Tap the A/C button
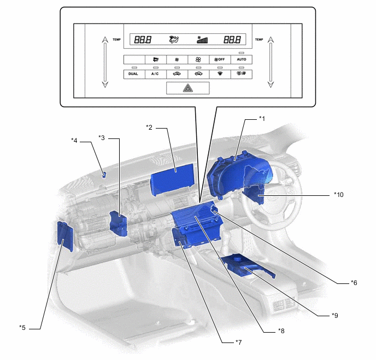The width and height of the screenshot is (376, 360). point(155,74)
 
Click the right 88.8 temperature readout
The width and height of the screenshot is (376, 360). point(231,39)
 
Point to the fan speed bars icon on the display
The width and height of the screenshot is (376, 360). point(202,39)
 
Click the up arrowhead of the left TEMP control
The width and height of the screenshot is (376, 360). point(105,39)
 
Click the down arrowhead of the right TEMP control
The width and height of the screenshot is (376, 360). point(271,84)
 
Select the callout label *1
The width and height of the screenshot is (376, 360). point(262,118)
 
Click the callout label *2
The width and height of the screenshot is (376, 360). point(149,127)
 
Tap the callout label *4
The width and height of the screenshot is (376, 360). point(74,140)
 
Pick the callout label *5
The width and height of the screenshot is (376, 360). point(22,327)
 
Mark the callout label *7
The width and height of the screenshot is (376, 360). point(238,342)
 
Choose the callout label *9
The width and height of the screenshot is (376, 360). point(334,315)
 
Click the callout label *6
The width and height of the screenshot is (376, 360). point(354,283)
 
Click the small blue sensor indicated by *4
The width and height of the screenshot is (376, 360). point(104,175)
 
